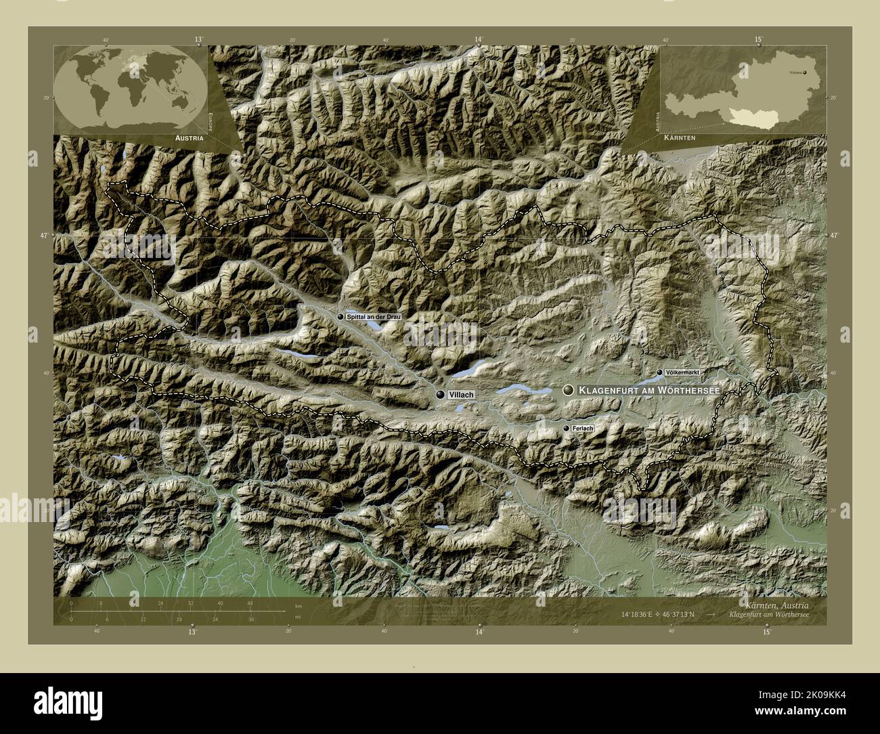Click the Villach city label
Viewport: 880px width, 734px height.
coord(461,395)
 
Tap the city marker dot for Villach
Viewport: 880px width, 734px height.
coord(441,395)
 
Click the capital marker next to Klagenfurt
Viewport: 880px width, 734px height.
coord(567,390)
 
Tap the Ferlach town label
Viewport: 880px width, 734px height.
coord(582,429)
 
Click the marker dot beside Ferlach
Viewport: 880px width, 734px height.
coord(566,429)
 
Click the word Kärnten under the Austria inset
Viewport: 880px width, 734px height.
coord(680,137)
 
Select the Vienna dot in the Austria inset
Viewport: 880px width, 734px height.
coord(805,71)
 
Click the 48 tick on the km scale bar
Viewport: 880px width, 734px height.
coord(250,603)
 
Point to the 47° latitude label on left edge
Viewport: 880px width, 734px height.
coord(44,235)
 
